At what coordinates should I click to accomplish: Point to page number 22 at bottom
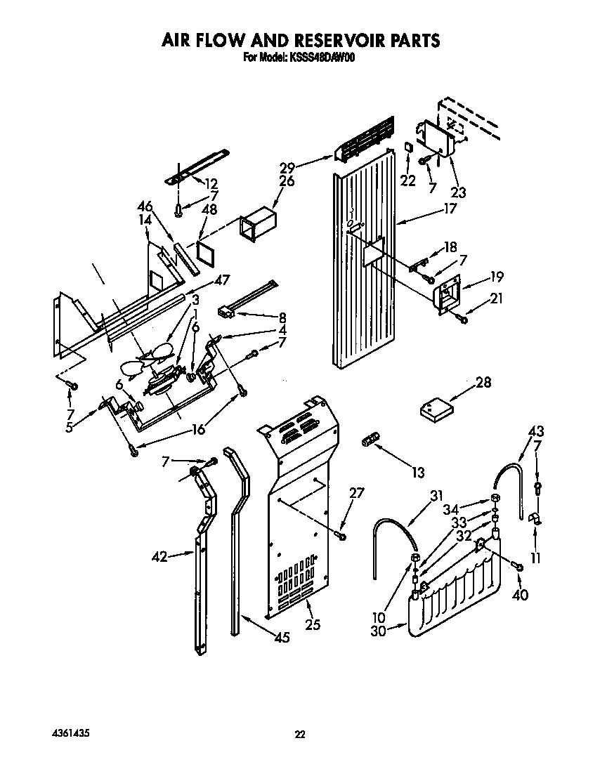click(300, 735)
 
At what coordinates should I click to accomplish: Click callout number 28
click(483, 383)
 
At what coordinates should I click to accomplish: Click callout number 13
click(419, 473)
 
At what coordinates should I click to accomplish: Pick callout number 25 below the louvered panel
click(313, 624)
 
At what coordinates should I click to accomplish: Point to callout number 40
click(521, 596)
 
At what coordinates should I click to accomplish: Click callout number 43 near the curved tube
click(536, 431)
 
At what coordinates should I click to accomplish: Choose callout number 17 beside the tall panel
click(450, 209)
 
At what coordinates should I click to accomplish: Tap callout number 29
click(286, 168)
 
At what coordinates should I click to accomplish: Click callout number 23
click(459, 192)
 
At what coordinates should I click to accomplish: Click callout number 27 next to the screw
click(357, 493)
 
